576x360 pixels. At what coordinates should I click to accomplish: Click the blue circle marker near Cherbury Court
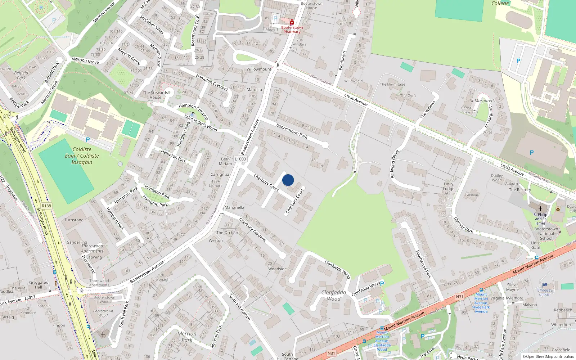[288, 180]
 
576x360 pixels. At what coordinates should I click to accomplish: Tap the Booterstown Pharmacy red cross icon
[292, 23]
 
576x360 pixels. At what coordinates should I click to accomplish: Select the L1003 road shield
[240, 159]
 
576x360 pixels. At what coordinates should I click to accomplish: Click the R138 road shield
[46, 206]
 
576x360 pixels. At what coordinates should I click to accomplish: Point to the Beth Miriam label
[225, 161]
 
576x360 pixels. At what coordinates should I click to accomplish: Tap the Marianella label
[234, 207]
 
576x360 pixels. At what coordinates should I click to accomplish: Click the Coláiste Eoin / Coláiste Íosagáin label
[82, 156]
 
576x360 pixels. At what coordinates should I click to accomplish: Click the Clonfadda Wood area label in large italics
[334, 296]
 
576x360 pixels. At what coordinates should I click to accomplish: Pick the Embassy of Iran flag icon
[545, 285]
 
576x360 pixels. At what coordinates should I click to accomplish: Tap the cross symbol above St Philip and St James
[540, 208]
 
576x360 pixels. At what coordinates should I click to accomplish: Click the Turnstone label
[74, 220]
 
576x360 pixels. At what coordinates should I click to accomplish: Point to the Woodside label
[278, 269]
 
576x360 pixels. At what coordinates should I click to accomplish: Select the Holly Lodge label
[449, 186]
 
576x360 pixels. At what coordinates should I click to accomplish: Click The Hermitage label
[392, 84]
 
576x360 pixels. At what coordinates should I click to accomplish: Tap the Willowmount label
[259, 69]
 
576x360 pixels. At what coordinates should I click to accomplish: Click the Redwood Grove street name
[395, 164]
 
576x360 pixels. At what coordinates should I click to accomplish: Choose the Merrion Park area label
[187, 337]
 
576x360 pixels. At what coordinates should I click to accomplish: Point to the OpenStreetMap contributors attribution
[548, 356]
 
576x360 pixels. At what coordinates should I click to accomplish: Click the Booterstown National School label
[546, 234]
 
